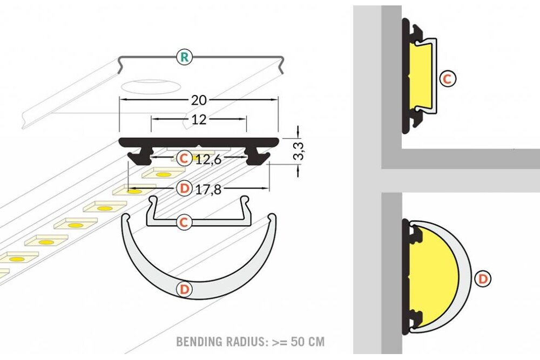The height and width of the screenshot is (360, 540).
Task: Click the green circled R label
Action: (x=185, y=57)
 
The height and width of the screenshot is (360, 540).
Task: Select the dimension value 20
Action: (x=199, y=100)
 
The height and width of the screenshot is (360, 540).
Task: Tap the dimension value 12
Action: (x=199, y=119)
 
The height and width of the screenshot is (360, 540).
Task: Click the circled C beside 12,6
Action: (x=184, y=159)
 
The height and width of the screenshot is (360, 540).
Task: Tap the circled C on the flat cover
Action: (x=184, y=222)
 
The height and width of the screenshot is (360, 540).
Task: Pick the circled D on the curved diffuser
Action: (x=185, y=289)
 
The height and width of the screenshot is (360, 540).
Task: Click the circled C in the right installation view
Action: (x=448, y=79)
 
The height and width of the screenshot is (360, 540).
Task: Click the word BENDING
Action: (x=199, y=342)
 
